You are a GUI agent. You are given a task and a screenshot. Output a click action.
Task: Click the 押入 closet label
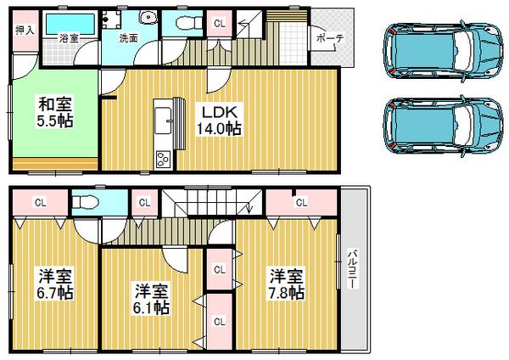tap(24, 30)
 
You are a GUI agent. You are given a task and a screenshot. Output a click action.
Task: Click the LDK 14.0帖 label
tap(219, 119)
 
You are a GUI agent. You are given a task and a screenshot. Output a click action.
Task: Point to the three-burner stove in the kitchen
tap(162, 159)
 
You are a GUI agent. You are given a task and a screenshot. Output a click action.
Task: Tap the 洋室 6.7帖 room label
tap(54, 284)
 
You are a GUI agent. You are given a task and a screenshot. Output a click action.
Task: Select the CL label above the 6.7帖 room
tap(40, 202)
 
